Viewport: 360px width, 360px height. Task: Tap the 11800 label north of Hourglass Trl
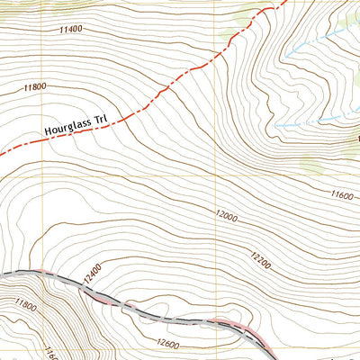click(x=33, y=87)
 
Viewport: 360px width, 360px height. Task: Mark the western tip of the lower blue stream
click(x=275, y=124)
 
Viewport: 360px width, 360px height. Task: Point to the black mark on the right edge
click(x=357, y=139)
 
